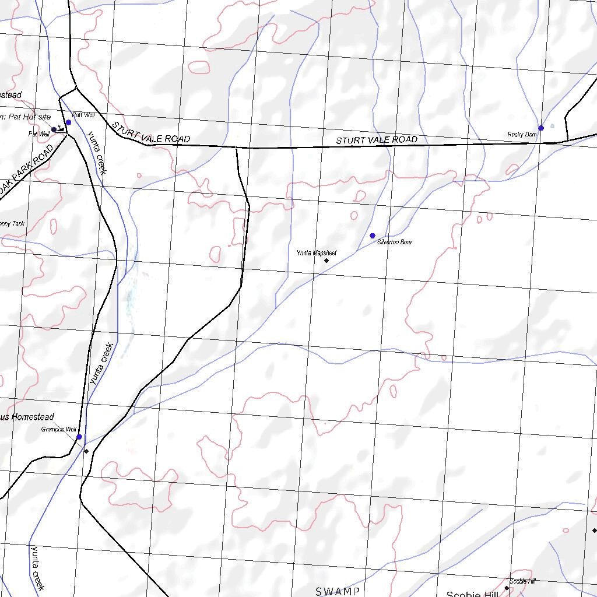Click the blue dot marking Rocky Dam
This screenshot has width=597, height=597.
[541, 128]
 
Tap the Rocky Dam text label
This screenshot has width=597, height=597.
[522, 135]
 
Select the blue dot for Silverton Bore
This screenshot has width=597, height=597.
[373, 236]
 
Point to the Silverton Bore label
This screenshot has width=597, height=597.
[394, 242]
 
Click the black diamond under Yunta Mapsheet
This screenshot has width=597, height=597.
[326, 261]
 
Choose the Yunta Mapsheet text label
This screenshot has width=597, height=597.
[317, 253]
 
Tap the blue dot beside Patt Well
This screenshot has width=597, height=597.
[68, 122]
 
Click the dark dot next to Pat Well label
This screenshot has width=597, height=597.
[54, 129]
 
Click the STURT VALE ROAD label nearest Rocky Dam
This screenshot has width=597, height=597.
[377, 140]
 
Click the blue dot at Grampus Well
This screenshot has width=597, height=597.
[79, 437]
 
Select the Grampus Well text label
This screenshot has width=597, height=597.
[58, 430]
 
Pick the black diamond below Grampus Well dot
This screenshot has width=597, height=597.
[86, 451]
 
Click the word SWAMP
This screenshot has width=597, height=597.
[338, 592]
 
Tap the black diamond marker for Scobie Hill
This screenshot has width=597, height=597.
[507, 588]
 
